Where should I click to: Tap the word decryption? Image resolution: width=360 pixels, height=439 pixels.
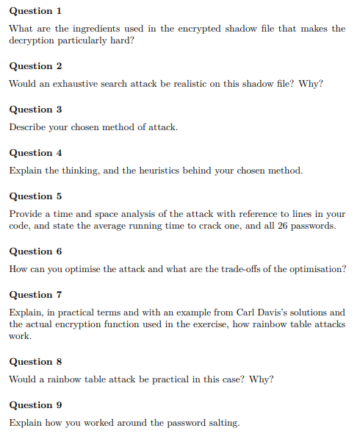pyautogui.click(x=34, y=40)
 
